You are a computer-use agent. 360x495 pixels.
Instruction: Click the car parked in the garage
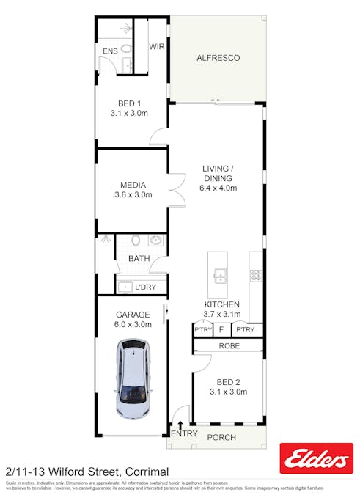point(133,378)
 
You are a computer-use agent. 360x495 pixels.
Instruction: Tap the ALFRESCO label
point(218,57)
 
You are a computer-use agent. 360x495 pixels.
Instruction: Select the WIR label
point(157,46)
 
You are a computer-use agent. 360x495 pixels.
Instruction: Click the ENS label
point(109,51)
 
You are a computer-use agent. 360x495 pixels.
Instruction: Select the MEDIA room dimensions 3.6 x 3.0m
point(133,195)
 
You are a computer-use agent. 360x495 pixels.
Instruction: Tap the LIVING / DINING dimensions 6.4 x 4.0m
point(217,188)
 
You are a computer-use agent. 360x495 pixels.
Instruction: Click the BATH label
point(139,259)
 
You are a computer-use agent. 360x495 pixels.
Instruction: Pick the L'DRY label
point(145,287)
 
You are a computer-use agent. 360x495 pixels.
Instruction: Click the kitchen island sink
point(218,276)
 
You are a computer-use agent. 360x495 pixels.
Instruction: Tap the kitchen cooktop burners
point(256,276)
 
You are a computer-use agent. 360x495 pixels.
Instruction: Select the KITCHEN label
point(221,304)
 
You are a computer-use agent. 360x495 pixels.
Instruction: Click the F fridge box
point(221,330)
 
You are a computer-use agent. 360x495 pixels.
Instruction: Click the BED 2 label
point(228,382)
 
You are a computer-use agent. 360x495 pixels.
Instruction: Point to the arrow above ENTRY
point(180,425)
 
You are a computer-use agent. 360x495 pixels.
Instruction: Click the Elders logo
point(316,460)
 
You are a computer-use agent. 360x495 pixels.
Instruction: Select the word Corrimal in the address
point(147,472)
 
